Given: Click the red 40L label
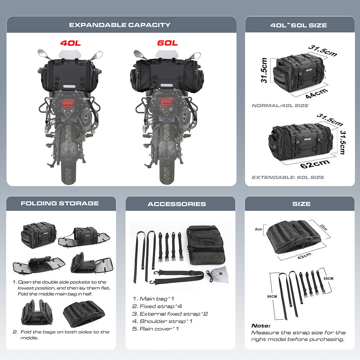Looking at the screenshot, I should click(71, 43).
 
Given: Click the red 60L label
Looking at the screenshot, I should click(167, 43).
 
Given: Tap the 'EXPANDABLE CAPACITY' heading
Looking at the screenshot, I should click(120, 25).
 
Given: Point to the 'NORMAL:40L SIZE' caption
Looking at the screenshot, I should click(280, 105).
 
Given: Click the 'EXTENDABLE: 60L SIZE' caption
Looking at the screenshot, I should click(288, 177).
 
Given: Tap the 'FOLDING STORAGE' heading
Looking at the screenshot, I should click(60, 203).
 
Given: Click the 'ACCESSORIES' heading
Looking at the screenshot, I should click(177, 204).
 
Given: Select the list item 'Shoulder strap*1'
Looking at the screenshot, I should click(163, 321).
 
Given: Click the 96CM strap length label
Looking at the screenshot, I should click(272, 296).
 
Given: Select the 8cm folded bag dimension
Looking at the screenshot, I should click(258, 229).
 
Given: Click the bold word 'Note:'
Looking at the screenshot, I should click(261, 325).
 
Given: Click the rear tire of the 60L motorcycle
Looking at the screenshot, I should click(168, 151).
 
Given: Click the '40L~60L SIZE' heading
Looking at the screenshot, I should click(298, 25).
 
